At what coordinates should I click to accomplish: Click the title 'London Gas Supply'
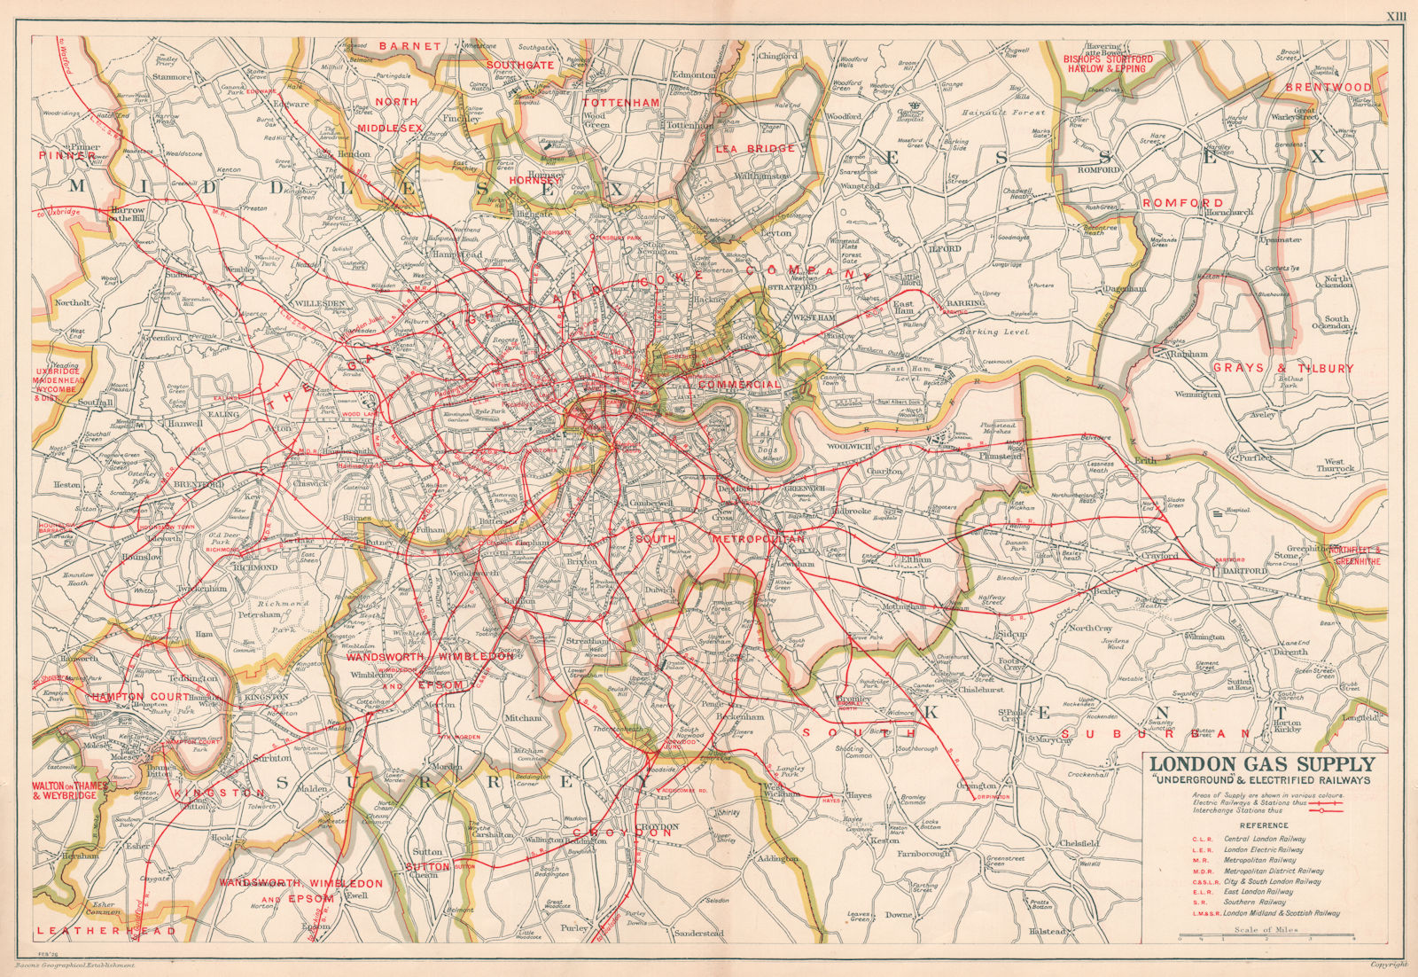pyautogui.click(x=1262, y=764)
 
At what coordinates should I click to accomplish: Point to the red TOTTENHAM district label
pyautogui.click(x=621, y=103)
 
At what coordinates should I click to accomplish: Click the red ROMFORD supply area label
pyautogui.click(x=1182, y=203)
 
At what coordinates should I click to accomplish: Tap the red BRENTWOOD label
pyautogui.click(x=1328, y=88)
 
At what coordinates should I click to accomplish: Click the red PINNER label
pyautogui.click(x=67, y=156)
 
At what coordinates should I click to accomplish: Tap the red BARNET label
pyautogui.click(x=409, y=45)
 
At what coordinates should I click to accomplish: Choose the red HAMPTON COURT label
pyautogui.click(x=129, y=697)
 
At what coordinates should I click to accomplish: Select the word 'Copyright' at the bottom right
pyautogui.click(x=1388, y=964)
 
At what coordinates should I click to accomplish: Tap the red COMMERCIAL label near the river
pyautogui.click(x=738, y=385)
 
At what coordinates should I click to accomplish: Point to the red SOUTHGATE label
pyautogui.click(x=520, y=65)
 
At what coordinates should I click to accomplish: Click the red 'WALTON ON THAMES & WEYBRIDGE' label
pyautogui.click(x=69, y=790)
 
